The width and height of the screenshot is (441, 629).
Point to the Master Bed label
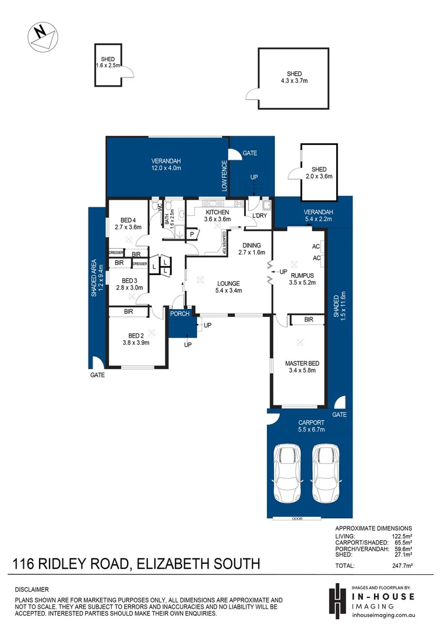click(302, 367)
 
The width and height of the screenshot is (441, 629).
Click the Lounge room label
click(228, 287)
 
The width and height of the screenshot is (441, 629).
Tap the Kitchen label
click(217, 216)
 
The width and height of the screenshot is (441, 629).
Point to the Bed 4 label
click(128, 223)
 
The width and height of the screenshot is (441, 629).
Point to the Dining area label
click(252, 249)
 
